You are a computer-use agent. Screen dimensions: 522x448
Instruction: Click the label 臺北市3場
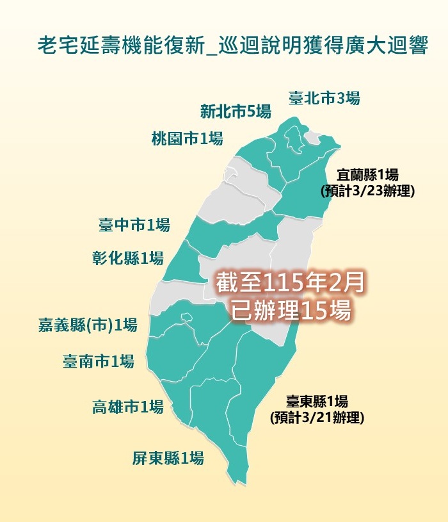point(324,98)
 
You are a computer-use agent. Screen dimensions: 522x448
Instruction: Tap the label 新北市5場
point(235,111)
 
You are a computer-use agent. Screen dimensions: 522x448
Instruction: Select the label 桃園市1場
point(187,138)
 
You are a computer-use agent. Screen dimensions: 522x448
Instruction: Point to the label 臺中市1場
point(134,225)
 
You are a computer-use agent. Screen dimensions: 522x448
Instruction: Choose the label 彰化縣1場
point(127,258)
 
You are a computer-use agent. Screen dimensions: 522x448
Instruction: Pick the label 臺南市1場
point(98,361)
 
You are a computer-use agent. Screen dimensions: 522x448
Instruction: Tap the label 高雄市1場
point(127,406)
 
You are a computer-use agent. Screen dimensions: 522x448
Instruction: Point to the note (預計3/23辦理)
point(368,190)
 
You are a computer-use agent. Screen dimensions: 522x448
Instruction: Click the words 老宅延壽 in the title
point(76,47)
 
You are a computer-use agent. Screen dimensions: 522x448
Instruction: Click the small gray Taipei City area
point(312,138)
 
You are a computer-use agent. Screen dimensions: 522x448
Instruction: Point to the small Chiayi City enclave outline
point(186,316)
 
